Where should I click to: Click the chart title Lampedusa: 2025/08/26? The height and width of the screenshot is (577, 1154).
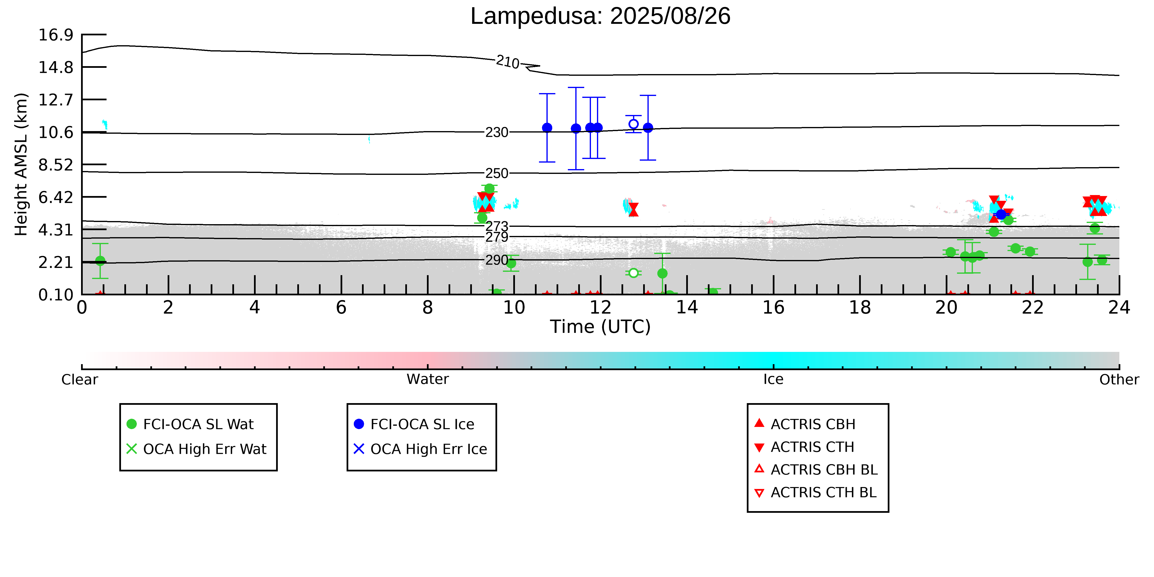tap(600, 16)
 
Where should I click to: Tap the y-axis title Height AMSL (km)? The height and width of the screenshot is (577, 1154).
tap(21, 165)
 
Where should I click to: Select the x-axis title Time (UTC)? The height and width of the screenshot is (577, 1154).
tap(600, 327)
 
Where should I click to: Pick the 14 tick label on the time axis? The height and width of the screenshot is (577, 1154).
tap(687, 308)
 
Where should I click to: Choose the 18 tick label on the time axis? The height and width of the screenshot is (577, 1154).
tap(860, 308)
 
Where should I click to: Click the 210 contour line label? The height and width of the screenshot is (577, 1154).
tap(507, 62)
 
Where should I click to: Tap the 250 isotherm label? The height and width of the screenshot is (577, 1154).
tap(497, 173)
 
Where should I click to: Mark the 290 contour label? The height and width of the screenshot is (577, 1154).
tap(497, 260)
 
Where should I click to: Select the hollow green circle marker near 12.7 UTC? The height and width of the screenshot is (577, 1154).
tap(634, 273)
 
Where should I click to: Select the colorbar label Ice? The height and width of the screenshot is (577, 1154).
tap(773, 380)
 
